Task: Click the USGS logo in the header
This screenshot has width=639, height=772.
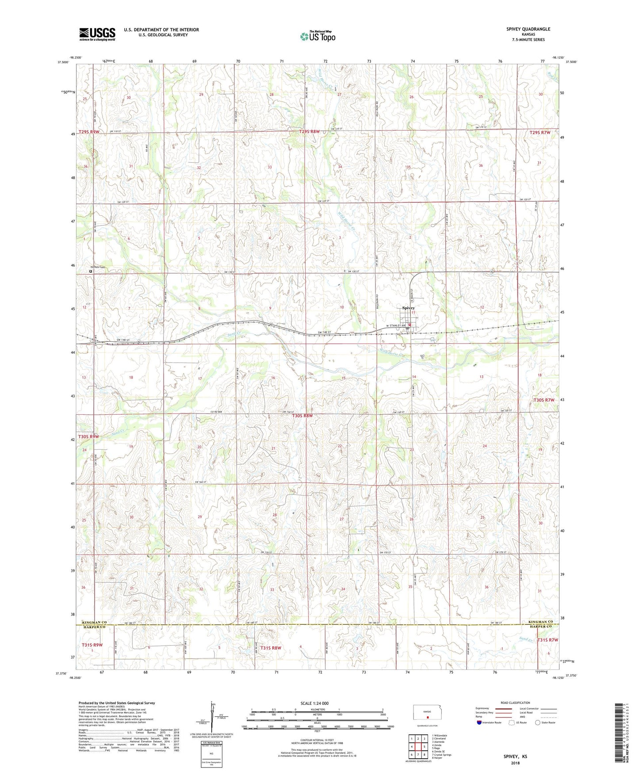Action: (x=97, y=34)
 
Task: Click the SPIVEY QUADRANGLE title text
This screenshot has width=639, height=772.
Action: (x=528, y=29)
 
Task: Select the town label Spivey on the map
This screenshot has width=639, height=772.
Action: (x=408, y=308)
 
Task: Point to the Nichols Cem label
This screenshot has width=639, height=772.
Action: (x=98, y=267)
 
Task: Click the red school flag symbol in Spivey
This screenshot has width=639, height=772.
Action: (x=409, y=325)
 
